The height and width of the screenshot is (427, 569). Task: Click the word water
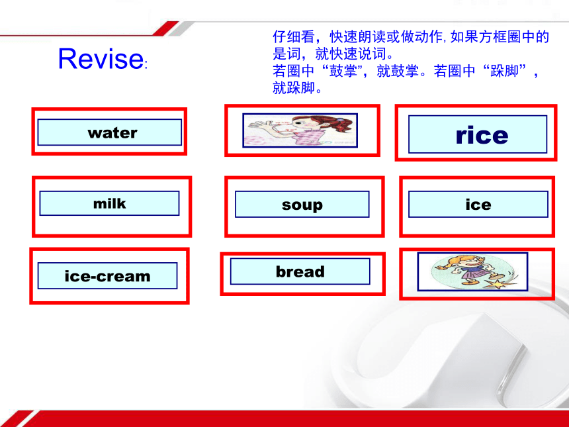[112, 132]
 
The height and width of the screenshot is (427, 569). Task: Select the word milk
[110, 203]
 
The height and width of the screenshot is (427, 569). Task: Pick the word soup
[302, 205]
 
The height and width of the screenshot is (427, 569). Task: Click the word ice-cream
[107, 276]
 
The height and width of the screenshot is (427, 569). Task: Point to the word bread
[300, 271]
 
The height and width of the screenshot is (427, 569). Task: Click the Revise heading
[101, 58]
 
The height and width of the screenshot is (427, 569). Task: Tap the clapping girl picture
[300, 130]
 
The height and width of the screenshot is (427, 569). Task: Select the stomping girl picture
[472, 271]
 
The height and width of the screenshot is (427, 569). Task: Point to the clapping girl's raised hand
[261, 126]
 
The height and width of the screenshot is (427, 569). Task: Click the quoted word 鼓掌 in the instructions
[343, 71]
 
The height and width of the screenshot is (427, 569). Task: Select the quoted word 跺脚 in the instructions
[504, 71]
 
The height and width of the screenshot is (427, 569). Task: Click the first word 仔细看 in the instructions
[294, 36]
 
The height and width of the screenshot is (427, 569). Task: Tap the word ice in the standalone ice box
[478, 205]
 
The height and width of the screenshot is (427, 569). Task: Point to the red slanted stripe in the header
[165, 28]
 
